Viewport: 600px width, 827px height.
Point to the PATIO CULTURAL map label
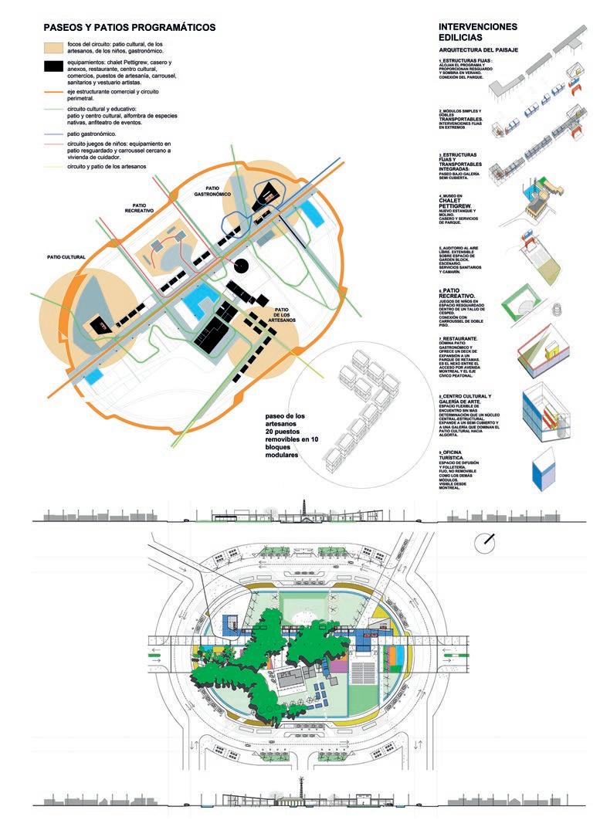(x=65, y=256)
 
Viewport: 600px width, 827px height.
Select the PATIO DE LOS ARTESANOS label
(x=286, y=314)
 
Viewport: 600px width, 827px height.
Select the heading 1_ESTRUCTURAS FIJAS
(x=466, y=60)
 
